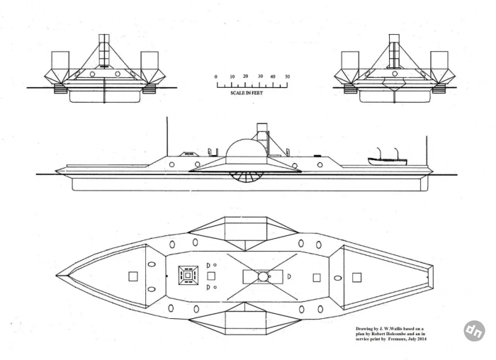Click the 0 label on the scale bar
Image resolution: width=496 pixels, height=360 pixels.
[216, 77]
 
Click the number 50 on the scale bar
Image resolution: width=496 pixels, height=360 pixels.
[287, 77]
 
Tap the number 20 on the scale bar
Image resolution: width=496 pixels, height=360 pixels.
[245, 77]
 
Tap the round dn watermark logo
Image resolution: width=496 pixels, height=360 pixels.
[475, 331]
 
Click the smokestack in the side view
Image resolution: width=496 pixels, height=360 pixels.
[261, 137]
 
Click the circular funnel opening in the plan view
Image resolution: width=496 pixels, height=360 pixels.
[263, 276]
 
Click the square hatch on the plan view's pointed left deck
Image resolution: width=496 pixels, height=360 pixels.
[133, 276]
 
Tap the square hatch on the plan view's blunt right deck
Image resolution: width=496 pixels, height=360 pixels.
[357, 277]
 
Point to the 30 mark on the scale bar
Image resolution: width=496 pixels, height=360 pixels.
[260, 77]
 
